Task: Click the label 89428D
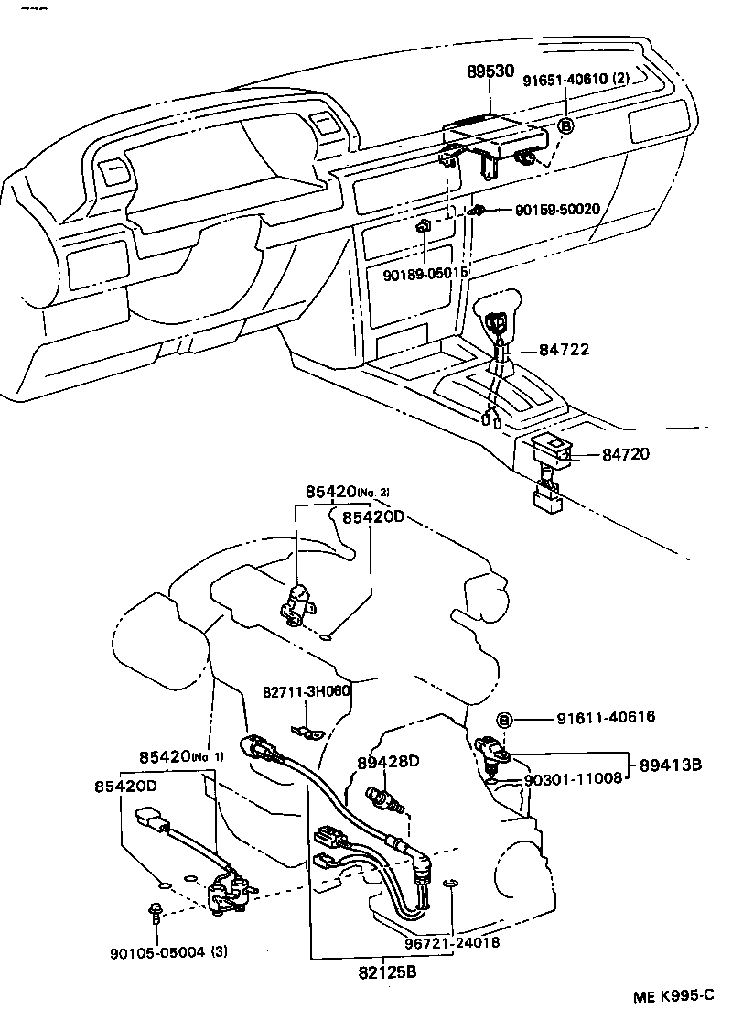click(x=387, y=762)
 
